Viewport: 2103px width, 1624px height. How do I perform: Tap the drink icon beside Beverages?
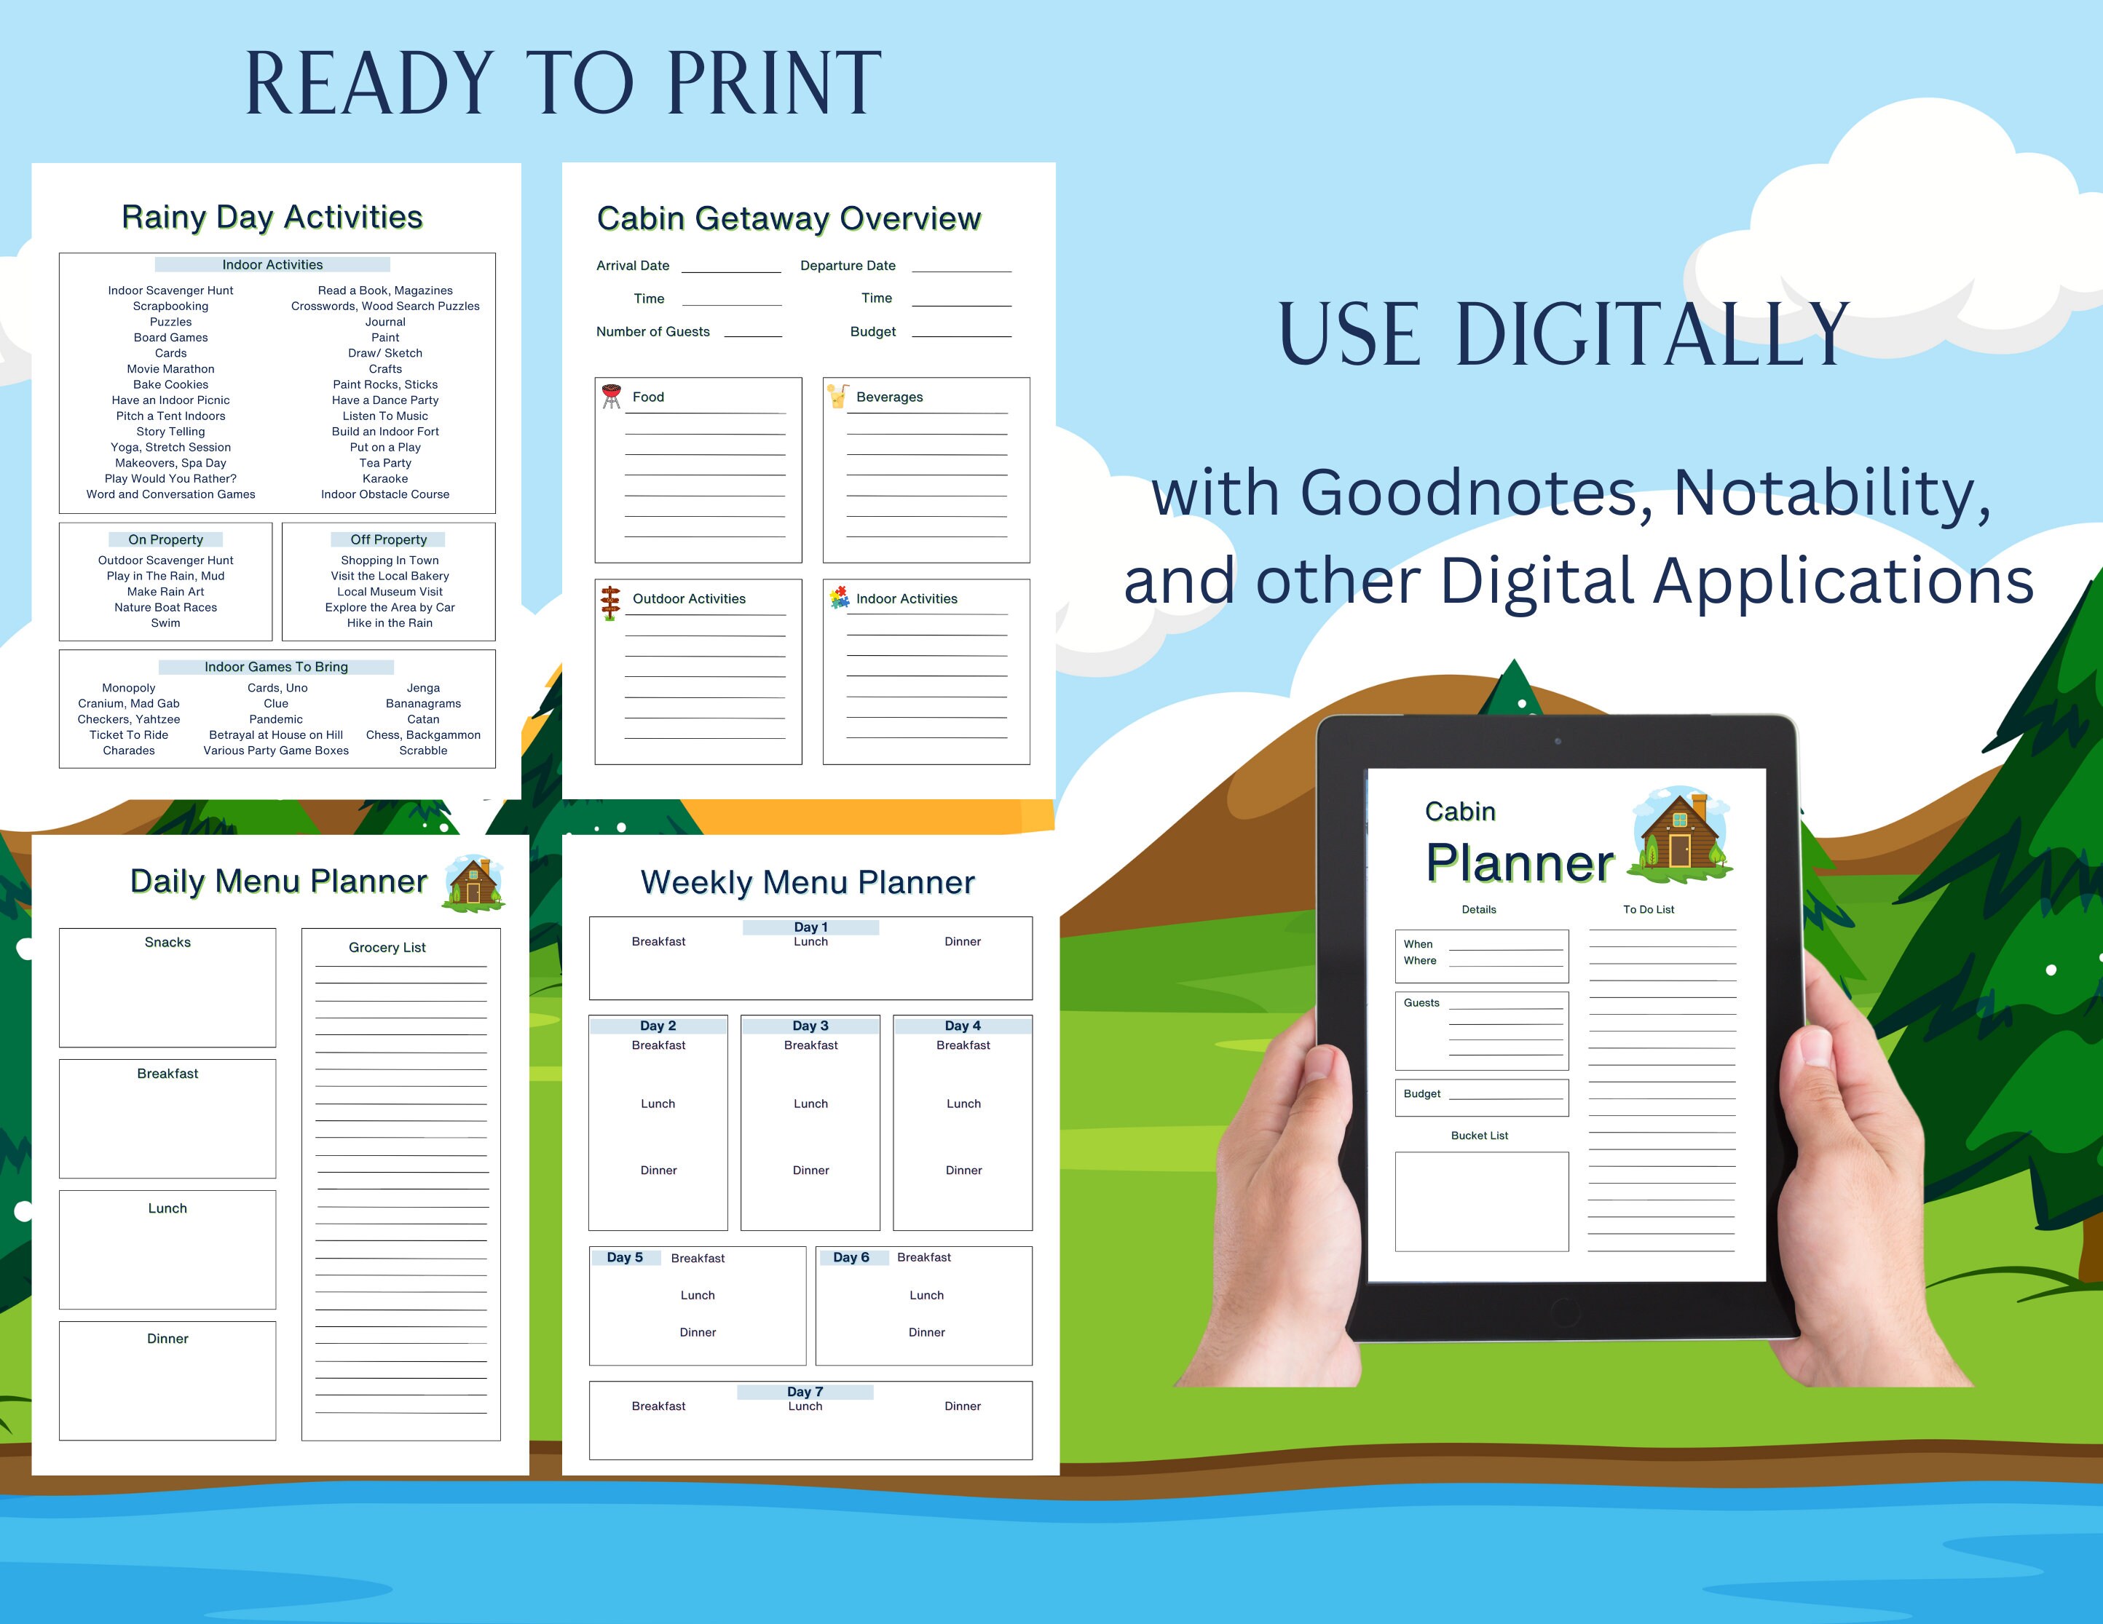[837, 396]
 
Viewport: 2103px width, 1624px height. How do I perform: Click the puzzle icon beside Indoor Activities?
[840, 598]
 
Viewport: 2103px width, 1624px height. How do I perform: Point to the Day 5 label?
[625, 1257]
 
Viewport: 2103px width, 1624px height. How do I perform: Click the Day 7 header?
[805, 1391]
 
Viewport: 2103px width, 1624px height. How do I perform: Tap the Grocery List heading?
[387, 947]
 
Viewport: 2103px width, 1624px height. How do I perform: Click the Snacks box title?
[167, 943]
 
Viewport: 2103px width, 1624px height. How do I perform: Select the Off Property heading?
[388, 540]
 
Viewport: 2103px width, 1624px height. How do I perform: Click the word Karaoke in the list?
[385, 478]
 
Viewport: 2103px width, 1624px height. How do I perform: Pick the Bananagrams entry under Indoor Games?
[423, 704]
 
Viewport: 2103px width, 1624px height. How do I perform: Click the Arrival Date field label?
[633, 266]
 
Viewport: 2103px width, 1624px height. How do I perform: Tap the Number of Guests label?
[653, 332]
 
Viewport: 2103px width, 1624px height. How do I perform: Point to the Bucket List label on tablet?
[1479, 1136]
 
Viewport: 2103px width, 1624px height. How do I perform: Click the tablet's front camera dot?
[1557, 741]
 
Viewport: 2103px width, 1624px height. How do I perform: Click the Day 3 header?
[810, 1026]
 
